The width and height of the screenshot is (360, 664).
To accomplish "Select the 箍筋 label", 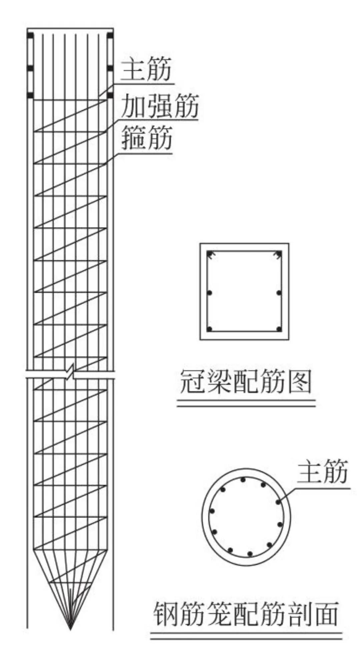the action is click(147, 137).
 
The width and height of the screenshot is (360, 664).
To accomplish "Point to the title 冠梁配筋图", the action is click(246, 382).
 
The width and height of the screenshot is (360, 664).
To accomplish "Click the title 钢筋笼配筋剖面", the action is click(246, 614).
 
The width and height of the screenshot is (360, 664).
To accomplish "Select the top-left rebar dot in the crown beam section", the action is click(210, 254).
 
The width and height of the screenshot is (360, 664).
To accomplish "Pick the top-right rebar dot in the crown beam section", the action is click(279, 254).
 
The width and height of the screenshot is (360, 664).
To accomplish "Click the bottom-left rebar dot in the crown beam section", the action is click(209, 329).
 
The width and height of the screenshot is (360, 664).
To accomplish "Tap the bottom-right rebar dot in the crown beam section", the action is click(279, 329).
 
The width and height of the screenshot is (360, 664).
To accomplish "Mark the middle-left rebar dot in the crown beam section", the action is click(209, 293).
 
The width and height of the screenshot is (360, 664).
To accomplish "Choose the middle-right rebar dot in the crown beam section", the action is click(279, 293).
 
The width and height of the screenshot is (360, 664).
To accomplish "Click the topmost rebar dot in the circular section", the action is click(243, 480).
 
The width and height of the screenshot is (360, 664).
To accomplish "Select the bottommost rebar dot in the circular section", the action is click(250, 554).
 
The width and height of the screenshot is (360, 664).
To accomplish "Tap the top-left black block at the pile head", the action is click(30, 35).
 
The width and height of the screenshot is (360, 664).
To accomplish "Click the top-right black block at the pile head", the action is click(110, 35).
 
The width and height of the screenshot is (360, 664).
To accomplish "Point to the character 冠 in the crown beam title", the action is click(192, 382).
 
